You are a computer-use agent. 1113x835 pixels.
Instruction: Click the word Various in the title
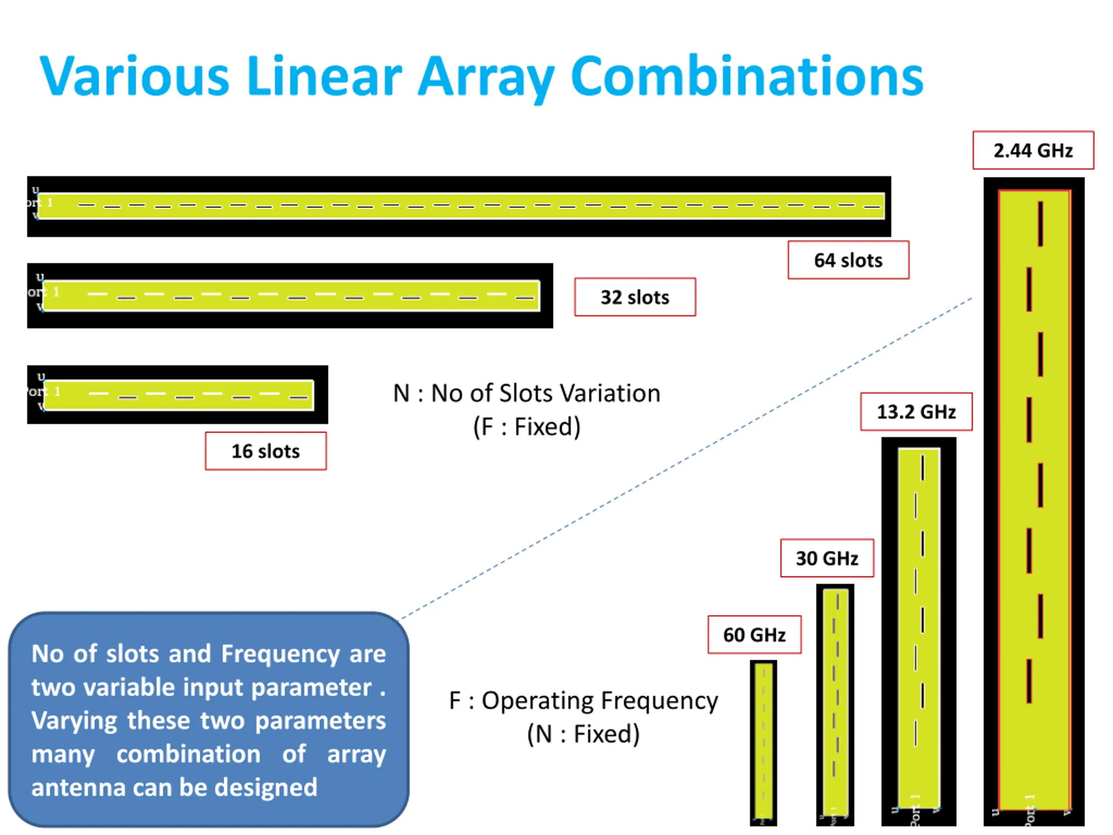[x=134, y=76]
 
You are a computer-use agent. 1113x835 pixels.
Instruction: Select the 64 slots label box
[x=848, y=260]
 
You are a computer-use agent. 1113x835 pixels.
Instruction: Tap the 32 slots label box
[x=635, y=297]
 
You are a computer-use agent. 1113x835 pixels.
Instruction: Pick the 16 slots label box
[x=266, y=451]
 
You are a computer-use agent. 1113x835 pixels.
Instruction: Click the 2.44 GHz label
[x=1033, y=150]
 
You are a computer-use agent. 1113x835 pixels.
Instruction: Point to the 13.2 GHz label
[x=916, y=412]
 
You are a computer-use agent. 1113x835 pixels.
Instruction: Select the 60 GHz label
[x=754, y=635]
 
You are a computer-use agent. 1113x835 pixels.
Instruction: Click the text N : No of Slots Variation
[x=527, y=393]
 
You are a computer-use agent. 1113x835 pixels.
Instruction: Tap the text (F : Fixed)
[x=527, y=427]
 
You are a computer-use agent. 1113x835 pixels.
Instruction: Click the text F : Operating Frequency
[x=583, y=701]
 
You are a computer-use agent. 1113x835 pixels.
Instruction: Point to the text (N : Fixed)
[x=583, y=734]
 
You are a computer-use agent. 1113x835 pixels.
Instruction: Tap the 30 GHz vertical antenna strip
[x=835, y=705]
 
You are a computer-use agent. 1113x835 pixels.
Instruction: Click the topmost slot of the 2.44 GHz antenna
[x=1040, y=224]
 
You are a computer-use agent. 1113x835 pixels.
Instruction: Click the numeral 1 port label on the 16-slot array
[x=57, y=391]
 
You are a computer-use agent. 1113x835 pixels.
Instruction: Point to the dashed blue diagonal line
[x=684, y=458]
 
